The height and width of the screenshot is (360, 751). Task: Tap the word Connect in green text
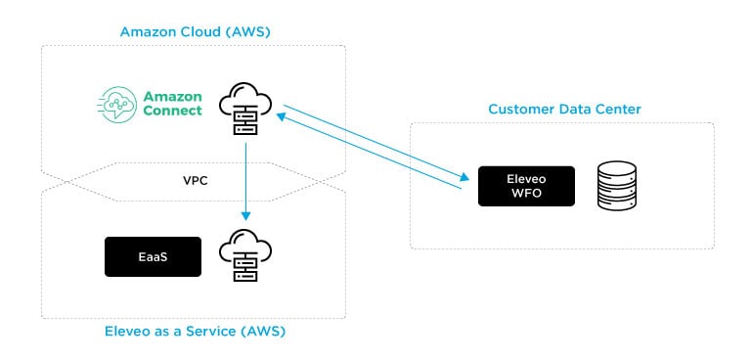tap(172, 111)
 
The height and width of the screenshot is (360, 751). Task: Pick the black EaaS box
tap(153, 256)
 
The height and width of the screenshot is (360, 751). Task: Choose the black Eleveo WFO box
tap(526, 186)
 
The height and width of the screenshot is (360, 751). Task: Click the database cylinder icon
tap(617, 186)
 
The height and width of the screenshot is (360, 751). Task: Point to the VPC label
tap(196, 182)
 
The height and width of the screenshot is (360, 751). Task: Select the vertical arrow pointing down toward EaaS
tap(244, 181)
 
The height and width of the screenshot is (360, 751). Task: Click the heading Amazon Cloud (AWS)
tap(195, 32)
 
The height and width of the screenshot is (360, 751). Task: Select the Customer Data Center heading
tap(564, 109)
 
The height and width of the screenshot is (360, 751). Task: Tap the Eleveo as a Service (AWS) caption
tap(195, 332)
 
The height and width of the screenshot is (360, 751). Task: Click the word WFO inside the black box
tap(526, 193)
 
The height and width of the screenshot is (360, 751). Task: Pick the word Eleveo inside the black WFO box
tap(526, 179)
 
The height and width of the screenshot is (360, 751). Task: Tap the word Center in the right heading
tap(617, 109)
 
